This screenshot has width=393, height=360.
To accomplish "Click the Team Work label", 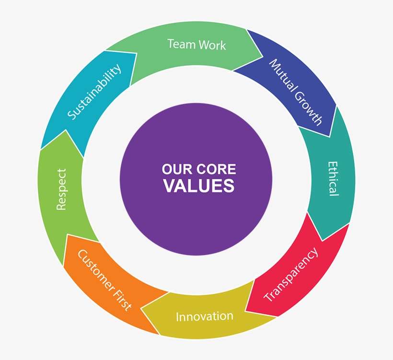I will tap(196, 45).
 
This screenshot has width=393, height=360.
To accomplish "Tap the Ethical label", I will tap(333, 178).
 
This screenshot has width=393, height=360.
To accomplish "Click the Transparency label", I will tap(291, 274).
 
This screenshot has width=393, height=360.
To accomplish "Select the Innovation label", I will tap(205, 316).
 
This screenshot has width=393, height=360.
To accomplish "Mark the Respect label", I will tap(61, 188).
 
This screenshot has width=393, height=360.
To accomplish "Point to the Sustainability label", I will tap(94, 92).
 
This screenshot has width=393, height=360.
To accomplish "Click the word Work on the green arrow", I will tap(210, 45).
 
